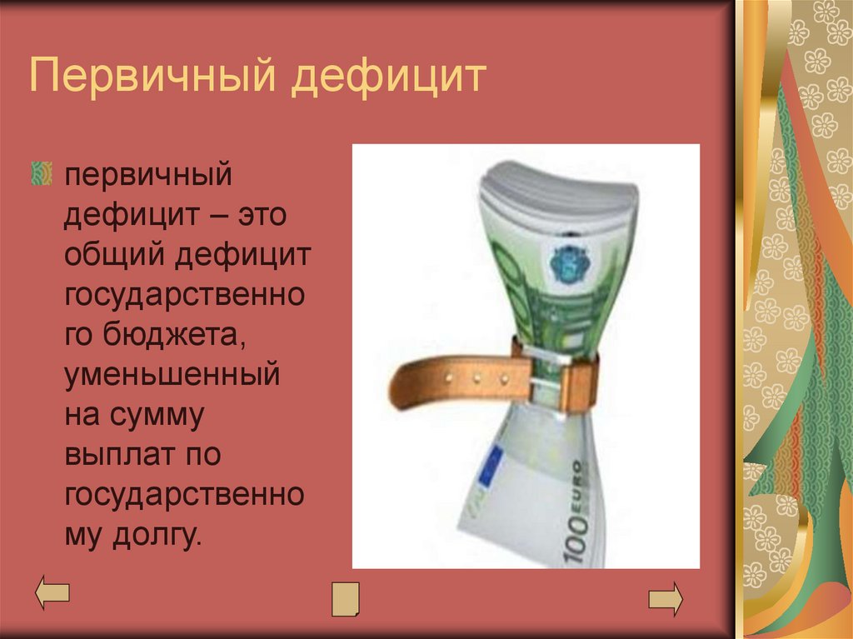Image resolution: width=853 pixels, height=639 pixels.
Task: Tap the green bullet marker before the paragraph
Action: click(x=40, y=173)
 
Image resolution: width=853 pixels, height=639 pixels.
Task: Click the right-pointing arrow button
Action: click(x=666, y=599)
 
